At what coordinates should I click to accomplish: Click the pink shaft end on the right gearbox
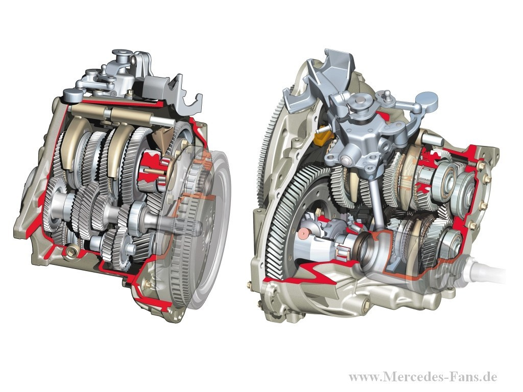point(304,234)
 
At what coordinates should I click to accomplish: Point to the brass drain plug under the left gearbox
point(72,251)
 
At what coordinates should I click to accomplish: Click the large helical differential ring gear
point(294,216)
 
